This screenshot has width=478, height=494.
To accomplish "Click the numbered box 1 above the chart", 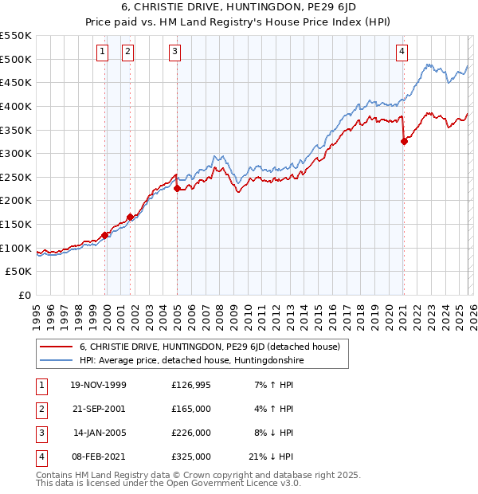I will click(103, 53).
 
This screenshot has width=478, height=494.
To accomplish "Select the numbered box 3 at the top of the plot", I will click(174, 53).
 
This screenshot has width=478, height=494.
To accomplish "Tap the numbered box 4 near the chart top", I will click(402, 53).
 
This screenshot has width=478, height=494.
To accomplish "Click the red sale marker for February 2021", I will click(404, 142).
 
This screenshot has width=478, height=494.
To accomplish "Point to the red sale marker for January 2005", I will click(177, 188).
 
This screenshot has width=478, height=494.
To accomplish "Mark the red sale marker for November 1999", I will click(104, 235).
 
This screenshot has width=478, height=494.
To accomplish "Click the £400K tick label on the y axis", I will click(16, 106).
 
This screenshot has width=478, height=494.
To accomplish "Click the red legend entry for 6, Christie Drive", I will click(210, 347).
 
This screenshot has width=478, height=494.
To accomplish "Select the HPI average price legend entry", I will click(192, 361).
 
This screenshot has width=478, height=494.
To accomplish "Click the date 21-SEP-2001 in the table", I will click(98, 408).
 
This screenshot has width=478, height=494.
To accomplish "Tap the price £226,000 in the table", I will click(191, 433).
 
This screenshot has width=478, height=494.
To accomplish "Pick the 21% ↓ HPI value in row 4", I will click(271, 457).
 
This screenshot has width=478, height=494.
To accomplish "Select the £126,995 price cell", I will click(191, 384).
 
